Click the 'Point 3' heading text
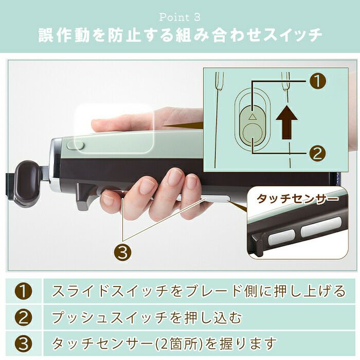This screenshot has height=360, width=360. (x=180, y=17)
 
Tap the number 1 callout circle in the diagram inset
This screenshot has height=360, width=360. (x=317, y=81)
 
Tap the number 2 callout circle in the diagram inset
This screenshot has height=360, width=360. (x=317, y=153)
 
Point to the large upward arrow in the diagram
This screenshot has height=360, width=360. (x=287, y=122)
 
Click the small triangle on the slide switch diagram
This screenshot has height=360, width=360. (x=253, y=117)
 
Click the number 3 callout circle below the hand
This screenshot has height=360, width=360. (x=123, y=253)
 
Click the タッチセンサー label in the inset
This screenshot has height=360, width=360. (x=298, y=199)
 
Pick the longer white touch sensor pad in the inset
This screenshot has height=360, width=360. (x=321, y=227)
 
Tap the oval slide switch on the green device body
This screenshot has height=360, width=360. (x=76, y=146)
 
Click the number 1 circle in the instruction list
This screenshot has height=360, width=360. (x=23, y=291)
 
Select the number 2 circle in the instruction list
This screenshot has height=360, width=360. (x=23, y=318)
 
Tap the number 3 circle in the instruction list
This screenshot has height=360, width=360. (x=23, y=344)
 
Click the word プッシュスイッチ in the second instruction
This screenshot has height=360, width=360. (x=110, y=318)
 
